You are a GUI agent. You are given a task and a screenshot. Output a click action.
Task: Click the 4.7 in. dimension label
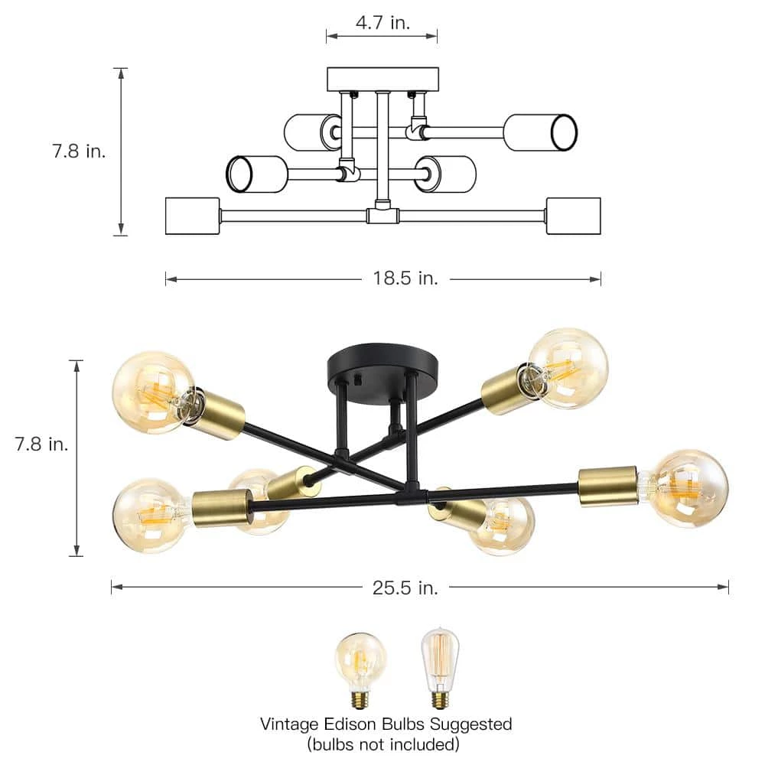coord(382,22)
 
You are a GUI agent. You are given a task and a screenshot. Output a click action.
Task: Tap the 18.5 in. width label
coord(405,278)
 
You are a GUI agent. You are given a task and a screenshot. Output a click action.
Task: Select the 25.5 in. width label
coord(405,588)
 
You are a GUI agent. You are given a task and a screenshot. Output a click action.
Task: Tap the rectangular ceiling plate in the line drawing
coord(382,79)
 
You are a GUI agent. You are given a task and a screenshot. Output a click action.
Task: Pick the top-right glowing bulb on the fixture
coord(570,367)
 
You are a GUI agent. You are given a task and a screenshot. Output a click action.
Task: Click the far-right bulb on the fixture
coord(688,487)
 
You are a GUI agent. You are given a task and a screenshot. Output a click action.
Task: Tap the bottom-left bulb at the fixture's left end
coord(150,514)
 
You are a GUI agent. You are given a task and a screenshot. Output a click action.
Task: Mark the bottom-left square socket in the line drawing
coord(187,216)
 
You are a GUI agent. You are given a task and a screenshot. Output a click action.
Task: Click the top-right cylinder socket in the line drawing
coord(539,132)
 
